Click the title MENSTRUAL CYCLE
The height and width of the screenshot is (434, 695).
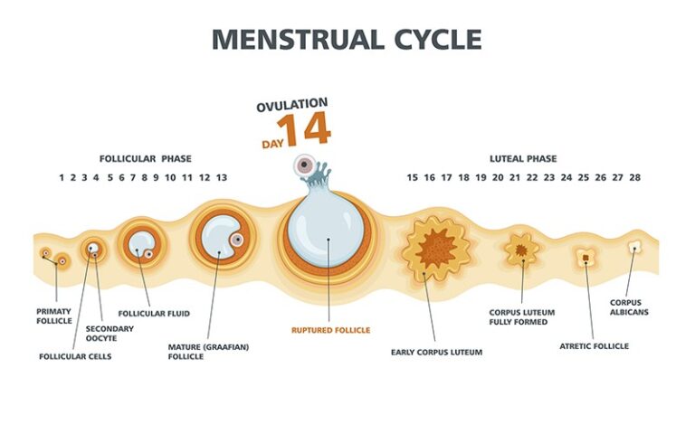(347, 40)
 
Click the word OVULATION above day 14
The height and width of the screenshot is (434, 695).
(292, 105)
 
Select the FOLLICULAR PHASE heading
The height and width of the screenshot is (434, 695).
(146, 158)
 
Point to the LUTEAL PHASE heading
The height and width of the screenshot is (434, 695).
(523, 158)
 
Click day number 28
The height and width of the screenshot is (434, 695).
(634, 177)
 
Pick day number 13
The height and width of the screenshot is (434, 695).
(222, 177)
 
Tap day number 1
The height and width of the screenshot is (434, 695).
(62, 177)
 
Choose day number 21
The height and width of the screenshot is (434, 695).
(515, 177)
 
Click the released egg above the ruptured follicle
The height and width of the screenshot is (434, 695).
(305, 165)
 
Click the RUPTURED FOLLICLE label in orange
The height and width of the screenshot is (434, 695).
(330, 330)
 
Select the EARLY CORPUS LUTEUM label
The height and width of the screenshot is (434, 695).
(436, 353)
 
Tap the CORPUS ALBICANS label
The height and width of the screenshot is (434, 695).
(629, 307)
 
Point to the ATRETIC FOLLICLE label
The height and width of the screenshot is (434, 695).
(594, 346)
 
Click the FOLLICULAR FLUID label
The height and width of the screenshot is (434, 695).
(154, 314)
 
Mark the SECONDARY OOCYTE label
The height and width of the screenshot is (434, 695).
(109, 334)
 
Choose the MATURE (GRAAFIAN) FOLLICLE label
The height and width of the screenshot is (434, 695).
(208, 352)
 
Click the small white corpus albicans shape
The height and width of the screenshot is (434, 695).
(634, 247)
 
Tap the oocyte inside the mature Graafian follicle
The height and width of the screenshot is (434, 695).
(238, 240)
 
